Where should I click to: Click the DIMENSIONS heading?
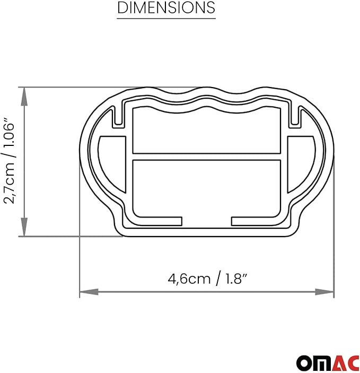[x=166, y=8]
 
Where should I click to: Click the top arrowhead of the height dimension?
[x=24, y=93]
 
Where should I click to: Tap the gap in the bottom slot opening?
[x=206, y=221]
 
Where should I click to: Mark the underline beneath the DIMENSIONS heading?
[x=166, y=19]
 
